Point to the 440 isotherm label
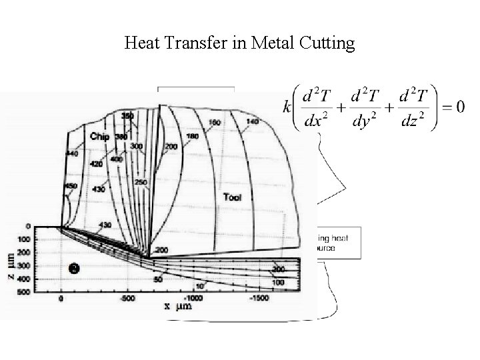(x=72, y=153)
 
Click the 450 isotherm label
(x=72, y=185)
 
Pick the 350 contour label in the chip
(x=128, y=115)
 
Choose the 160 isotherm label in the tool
(x=215, y=123)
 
